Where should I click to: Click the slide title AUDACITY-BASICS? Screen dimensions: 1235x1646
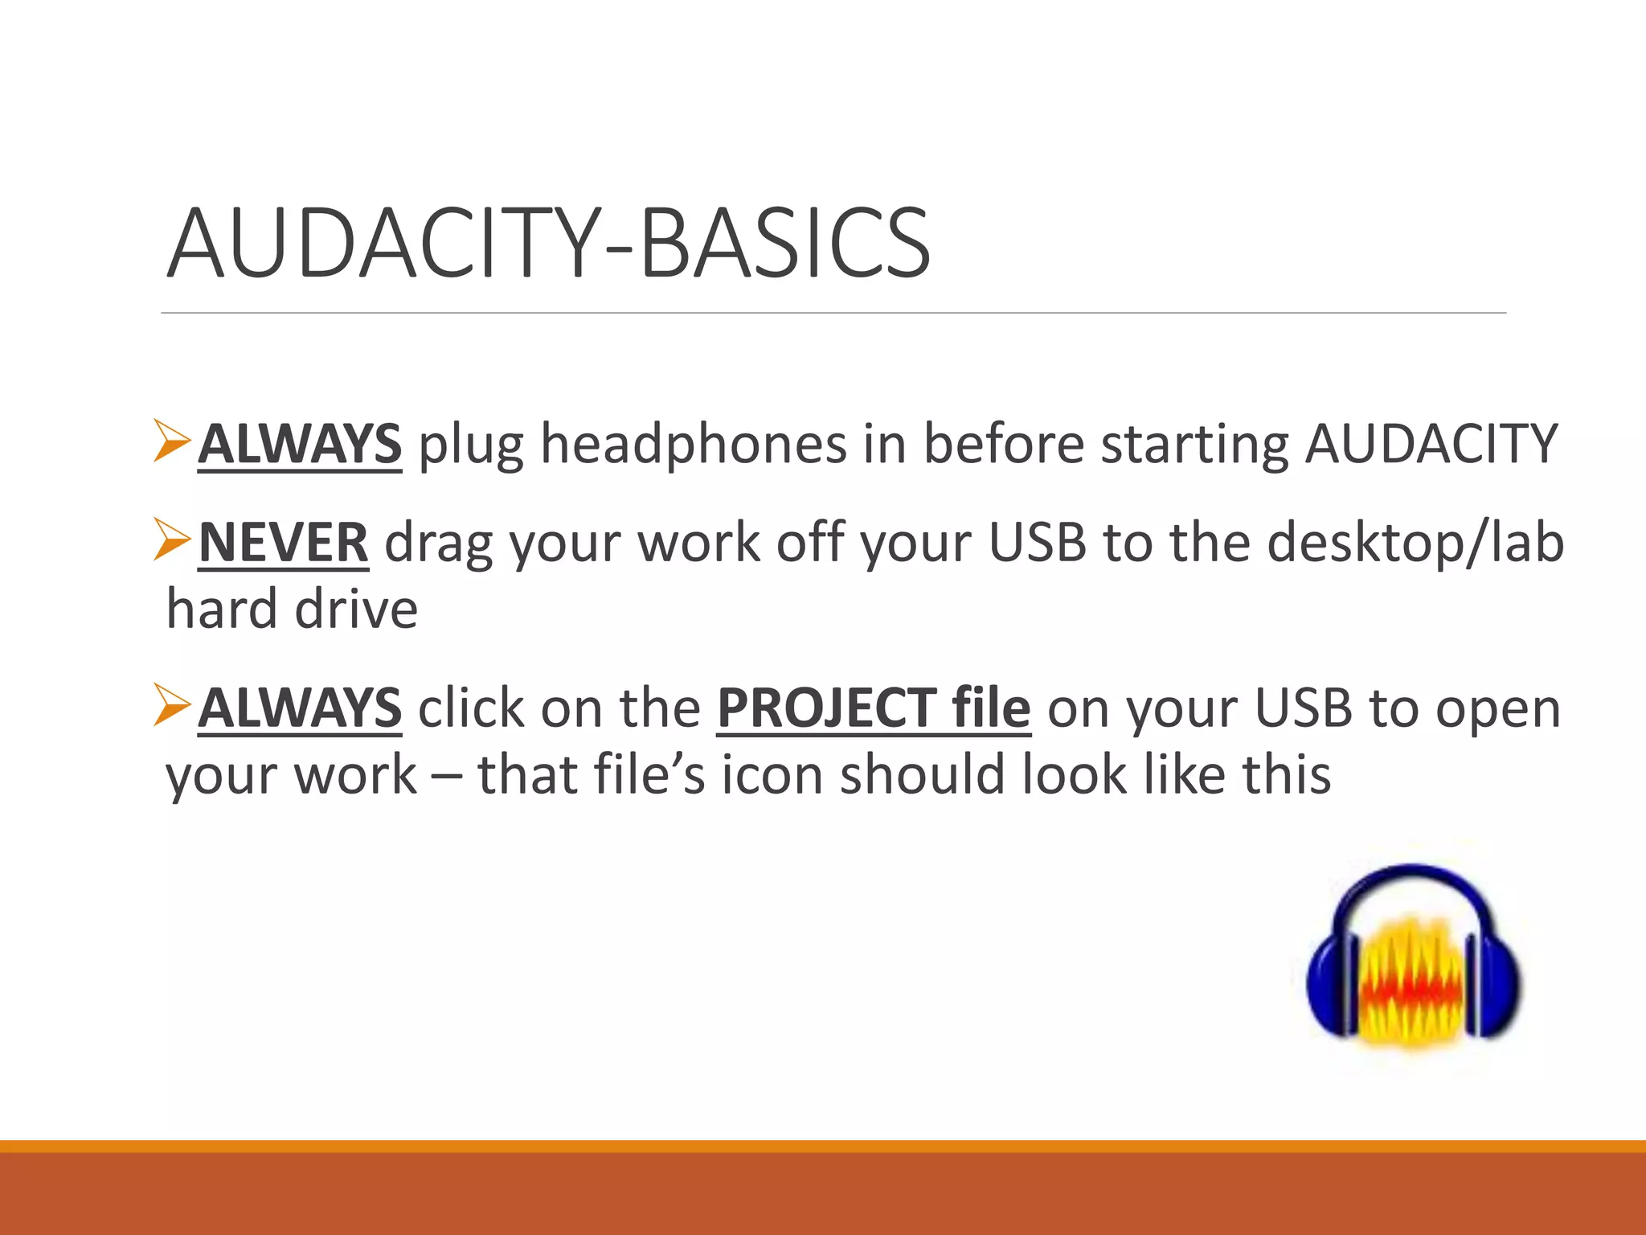click(548, 243)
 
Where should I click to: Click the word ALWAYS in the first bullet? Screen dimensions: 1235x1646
click(299, 444)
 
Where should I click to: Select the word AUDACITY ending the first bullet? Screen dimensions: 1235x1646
click(1431, 444)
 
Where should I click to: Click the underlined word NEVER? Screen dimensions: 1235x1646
click(283, 543)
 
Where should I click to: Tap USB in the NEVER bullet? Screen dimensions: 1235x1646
click(1037, 543)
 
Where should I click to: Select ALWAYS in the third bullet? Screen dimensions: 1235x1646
click(299, 708)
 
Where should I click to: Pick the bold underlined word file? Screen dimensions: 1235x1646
click(990, 708)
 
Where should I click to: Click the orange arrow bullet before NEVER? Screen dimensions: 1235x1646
click(171, 540)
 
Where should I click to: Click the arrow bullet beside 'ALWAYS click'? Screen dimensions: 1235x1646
click(171, 704)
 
